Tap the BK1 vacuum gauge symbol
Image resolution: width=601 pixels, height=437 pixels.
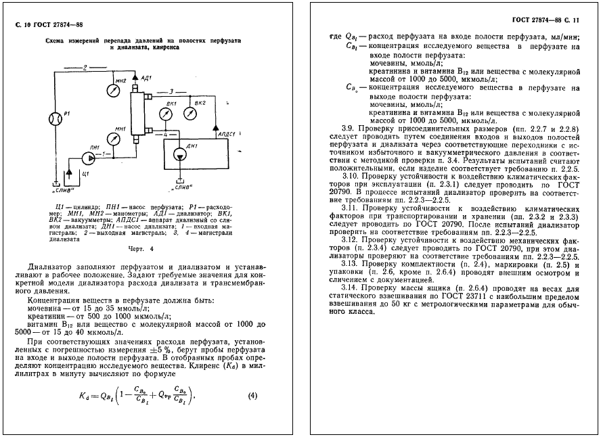[x=162, y=114]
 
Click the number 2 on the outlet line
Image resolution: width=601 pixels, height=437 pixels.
[x=85, y=67]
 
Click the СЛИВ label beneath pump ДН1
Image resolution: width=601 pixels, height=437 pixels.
[x=181, y=186]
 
